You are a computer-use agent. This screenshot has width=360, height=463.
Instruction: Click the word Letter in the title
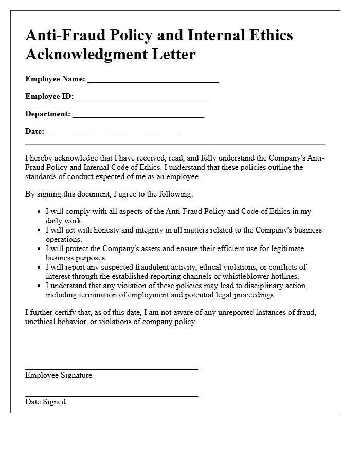(x=170, y=54)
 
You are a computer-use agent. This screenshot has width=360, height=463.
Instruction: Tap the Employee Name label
(x=55, y=79)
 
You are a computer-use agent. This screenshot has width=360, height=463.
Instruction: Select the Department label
(x=48, y=114)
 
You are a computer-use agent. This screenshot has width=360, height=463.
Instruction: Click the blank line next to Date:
(x=112, y=134)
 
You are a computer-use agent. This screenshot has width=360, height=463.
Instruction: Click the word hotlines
(x=282, y=276)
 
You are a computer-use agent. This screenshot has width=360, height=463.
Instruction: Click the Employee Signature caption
(x=59, y=376)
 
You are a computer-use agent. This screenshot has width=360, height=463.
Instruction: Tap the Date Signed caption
(x=45, y=402)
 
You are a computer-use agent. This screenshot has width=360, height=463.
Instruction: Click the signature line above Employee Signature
(x=111, y=369)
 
